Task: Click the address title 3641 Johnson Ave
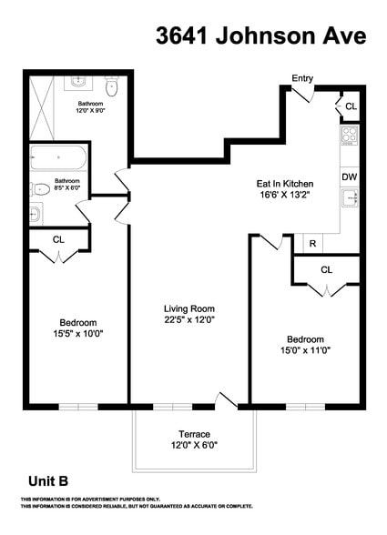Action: point(261,35)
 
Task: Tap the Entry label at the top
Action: point(302,79)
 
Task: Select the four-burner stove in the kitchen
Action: point(350,137)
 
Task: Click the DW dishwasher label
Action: point(350,177)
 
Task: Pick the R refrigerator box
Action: point(312,244)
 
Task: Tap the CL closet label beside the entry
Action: point(351,107)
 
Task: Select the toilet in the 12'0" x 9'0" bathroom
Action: point(112,87)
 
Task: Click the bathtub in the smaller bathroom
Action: point(57,157)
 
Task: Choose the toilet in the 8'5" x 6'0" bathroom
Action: point(40,190)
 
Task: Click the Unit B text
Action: point(47,481)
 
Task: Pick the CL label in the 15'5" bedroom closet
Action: point(58,239)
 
